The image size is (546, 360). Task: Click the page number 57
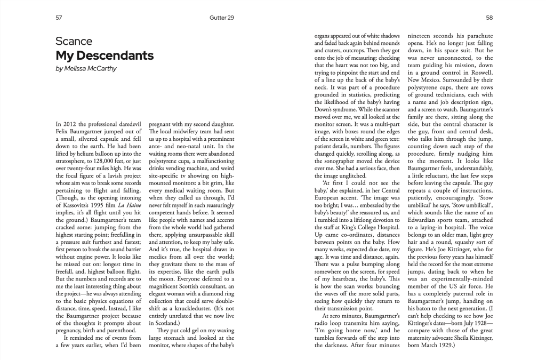59,18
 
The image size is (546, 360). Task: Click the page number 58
489,18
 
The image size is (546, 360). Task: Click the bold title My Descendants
105,55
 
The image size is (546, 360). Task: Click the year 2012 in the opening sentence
69,124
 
